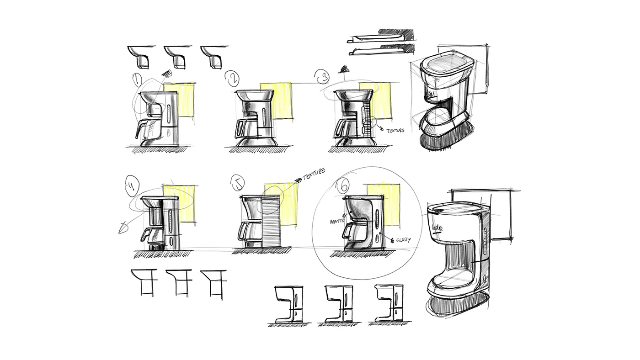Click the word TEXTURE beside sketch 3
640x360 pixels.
pos(395,130)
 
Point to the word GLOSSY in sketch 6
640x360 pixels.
pos(403,239)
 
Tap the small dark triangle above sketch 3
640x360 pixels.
pos(343,69)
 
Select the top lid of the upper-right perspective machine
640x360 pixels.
pos(444,64)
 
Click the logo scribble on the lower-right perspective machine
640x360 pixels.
pos(437,227)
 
